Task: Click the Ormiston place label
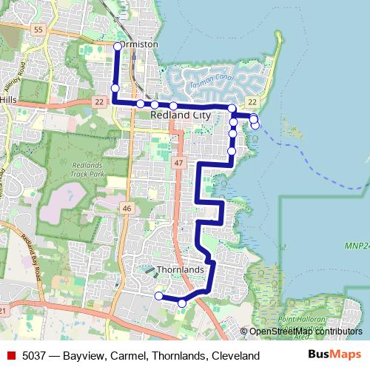point(141,44)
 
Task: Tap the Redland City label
point(181,116)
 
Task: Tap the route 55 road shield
point(38,28)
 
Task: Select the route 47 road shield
point(179,161)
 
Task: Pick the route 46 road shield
point(127,209)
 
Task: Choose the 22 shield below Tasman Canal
point(252,101)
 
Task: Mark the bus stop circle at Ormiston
point(118,47)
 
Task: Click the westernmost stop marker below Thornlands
point(158,296)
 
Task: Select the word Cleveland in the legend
point(235,356)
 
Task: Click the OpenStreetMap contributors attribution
point(305,332)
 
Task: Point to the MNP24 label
point(357,245)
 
